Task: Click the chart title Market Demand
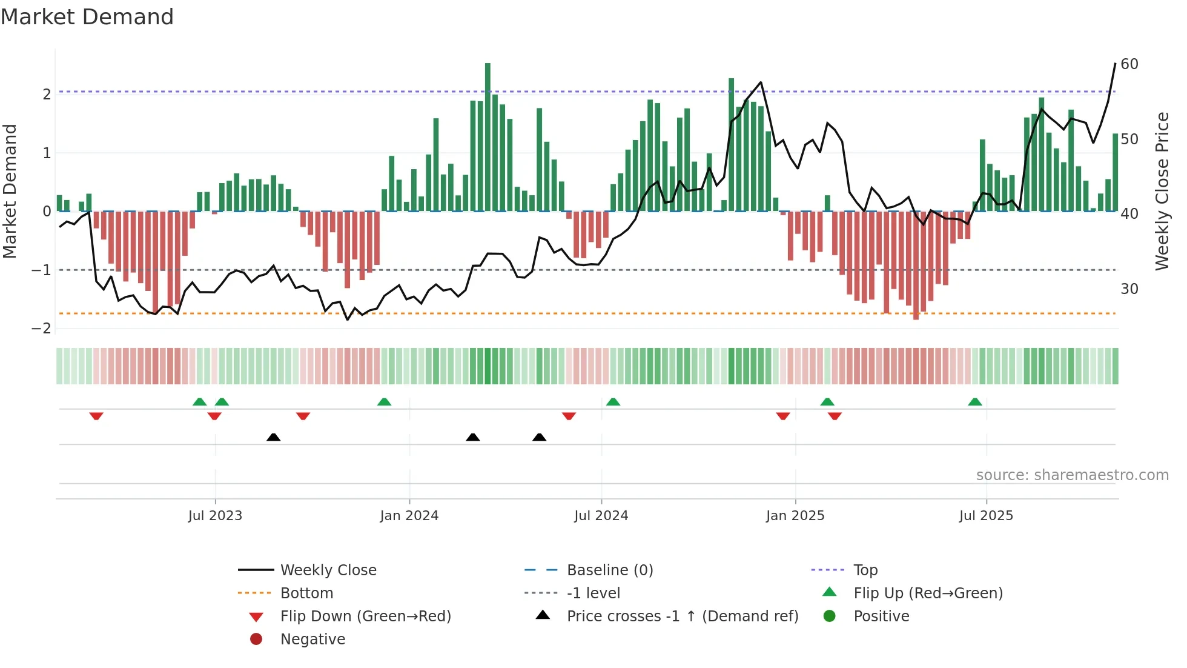(87, 17)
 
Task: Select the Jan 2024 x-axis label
(409, 516)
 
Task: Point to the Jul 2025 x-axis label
(986, 516)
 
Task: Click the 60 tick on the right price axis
(1129, 64)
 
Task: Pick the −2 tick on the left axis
(42, 329)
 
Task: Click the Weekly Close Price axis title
(1162, 191)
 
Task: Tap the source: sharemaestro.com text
(1072, 475)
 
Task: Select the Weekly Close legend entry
(328, 570)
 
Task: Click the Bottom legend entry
(306, 593)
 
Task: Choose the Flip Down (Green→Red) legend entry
(365, 616)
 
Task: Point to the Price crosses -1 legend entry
(682, 616)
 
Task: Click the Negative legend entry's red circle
(256, 640)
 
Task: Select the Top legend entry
(865, 570)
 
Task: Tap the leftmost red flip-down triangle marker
(96, 416)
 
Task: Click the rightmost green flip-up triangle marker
(974, 402)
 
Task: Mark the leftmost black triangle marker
(273, 437)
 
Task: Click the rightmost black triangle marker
(539, 437)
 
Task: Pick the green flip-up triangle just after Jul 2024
(613, 402)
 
